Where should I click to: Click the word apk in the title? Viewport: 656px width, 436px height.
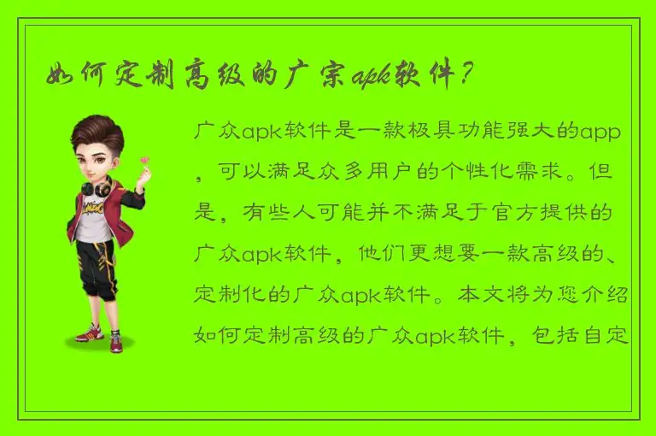368,76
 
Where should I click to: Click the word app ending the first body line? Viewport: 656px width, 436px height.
600,133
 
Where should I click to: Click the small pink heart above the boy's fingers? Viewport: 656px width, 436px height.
144,159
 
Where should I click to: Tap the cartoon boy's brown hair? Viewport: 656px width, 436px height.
97,133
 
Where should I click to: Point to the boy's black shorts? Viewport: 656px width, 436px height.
96,267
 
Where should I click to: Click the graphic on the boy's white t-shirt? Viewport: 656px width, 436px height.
94,211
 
